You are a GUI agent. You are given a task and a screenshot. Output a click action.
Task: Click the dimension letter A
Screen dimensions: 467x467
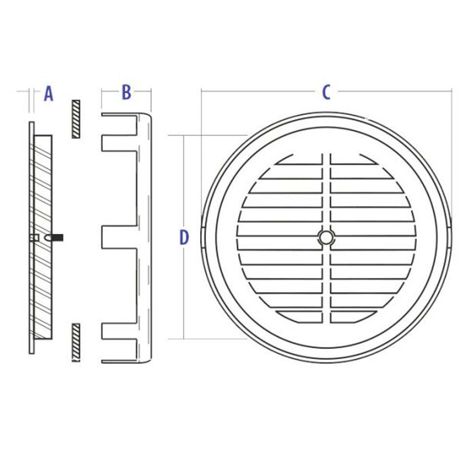[x=49, y=93]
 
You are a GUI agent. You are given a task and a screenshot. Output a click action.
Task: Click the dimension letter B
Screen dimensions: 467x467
[x=126, y=92]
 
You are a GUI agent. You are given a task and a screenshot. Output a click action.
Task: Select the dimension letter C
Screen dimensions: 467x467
[x=327, y=92]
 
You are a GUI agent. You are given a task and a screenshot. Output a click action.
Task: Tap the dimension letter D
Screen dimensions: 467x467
[x=184, y=238]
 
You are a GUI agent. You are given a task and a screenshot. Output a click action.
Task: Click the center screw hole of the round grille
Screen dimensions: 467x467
[x=326, y=237]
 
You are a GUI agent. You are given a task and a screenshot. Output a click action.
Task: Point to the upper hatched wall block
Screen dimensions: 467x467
[x=75, y=119]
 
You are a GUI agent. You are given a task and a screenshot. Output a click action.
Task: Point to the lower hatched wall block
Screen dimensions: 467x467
[x=75, y=342]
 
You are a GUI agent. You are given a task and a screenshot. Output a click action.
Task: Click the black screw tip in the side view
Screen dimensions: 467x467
[x=58, y=238]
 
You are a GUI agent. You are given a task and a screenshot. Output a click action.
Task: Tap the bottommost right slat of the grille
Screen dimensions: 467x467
[x=353, y=316]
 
